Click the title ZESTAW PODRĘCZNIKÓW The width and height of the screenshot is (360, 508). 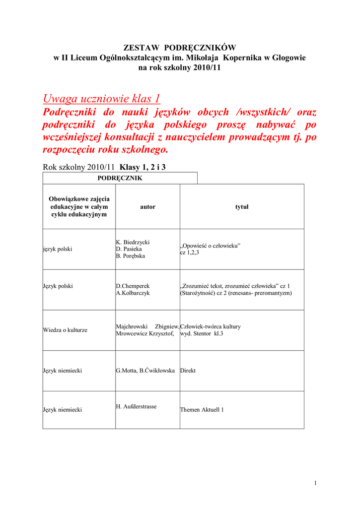[180, 48]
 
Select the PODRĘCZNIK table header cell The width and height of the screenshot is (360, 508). [120, 178]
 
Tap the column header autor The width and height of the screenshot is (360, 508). [147, 207]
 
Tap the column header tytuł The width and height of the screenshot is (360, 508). [241, 207]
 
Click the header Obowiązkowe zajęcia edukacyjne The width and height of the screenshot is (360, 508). [79, 206]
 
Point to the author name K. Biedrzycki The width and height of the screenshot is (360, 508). [133, 242]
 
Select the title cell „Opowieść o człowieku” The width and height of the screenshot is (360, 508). [210, 246]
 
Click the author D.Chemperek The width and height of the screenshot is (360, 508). [133, 286]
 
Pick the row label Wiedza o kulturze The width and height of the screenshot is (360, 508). [66, 330]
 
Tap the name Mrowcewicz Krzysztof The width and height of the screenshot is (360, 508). [145, 334]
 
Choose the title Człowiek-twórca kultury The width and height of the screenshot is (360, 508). [211, 326]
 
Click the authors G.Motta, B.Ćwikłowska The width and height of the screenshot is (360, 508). [145, 371]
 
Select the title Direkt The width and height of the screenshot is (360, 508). [188, 371]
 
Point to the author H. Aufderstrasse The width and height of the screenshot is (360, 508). [136, 406]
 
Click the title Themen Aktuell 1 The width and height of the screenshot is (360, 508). [202, 410]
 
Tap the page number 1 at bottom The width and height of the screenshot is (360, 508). [315, 483]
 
